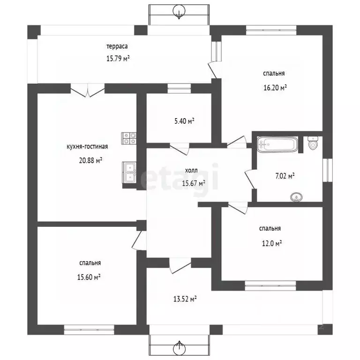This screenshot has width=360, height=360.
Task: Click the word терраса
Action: tap(117, 46)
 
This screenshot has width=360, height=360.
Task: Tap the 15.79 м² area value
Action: tap(118, 58)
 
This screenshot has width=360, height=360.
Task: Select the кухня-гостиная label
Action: tap(87, 146)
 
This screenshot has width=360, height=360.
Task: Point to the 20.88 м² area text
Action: tap(90, 160)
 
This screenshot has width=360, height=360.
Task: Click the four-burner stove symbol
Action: tap(129, 138)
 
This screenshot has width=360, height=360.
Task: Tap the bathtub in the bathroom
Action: tap(277, 144)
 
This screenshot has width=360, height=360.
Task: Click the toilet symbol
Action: tap(313, 143)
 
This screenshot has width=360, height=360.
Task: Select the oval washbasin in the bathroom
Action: tap(296, 197)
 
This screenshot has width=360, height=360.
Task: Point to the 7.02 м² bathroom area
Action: tap(285, 176)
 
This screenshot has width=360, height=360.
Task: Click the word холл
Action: tap(191, 170)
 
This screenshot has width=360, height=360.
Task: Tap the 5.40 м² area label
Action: tap(184, 121)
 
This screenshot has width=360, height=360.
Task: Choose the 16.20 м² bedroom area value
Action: tap(275, 88)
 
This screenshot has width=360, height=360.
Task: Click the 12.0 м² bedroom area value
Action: tap(272, 243)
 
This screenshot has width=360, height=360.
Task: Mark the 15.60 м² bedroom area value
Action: tap(89, 277)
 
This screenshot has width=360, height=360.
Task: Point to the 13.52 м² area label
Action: tap(185, 299)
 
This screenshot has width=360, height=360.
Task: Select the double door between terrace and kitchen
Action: tap(88, 90)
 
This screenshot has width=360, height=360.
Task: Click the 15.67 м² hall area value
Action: tap(194, 183)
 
